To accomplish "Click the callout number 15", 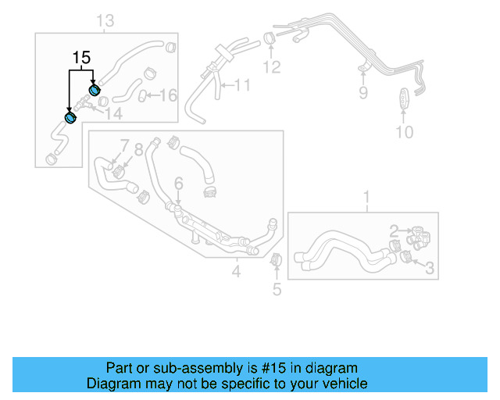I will pyautogui.click(x=81, y=58).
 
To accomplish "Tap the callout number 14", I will pyautogui.click(x=114, y=114).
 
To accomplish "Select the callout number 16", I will pyautogui.click(x=169, y=95).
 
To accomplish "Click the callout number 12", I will pyautogui.click(x=271, y=67).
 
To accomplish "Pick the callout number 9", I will pyautogui.click(x=362, y=94).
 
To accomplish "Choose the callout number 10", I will pyautogui.click(x=404, y=132).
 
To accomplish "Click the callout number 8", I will pyautogui.click(x=139, y=148).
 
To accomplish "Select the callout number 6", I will pyautogui.click(x=179, y=184).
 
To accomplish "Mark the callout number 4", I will pyautogui.click(x=237, y=272).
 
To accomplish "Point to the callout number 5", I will pyautogui.click(x=277, y=291).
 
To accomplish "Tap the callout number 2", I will pyautogui.click(x=395, y=230).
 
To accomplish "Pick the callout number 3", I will pyautogui.click(x=429, y=269).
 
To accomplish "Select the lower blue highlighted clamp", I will pyautogui.click(x=70, y=118).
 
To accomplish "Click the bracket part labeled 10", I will pyautogui.click(x=403, y=100).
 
